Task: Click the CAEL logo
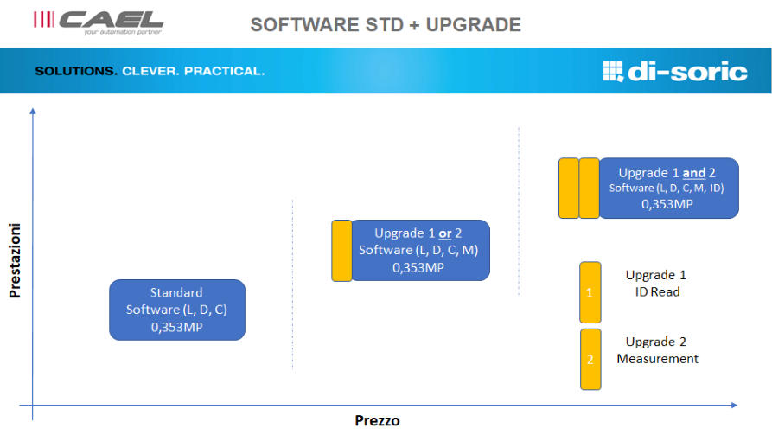tap(99, 22)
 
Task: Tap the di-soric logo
tap(674, 72)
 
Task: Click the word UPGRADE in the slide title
tap(473, 24)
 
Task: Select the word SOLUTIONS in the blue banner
tap(76, 71)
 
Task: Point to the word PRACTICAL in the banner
tap(225, 71)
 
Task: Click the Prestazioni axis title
tap(15, 260)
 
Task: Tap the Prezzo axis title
tap(377, 420)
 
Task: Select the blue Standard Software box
tap(177, 310)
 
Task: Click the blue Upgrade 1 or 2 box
tap(420, 250)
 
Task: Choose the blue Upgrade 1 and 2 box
tap(668, 188)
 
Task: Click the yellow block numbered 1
tap(590, 292)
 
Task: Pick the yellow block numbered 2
tap(590, 359)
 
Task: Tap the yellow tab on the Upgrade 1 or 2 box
tap(341, 250)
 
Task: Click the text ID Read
tap(657, 291)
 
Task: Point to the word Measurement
tap(657, 359)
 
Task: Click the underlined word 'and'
tap(694, 173)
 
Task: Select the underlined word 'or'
tap(445, 233)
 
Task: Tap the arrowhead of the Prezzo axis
tap(734, 405)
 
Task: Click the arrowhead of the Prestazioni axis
tap(33, 112)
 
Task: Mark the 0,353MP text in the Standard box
tap(176, 327)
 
